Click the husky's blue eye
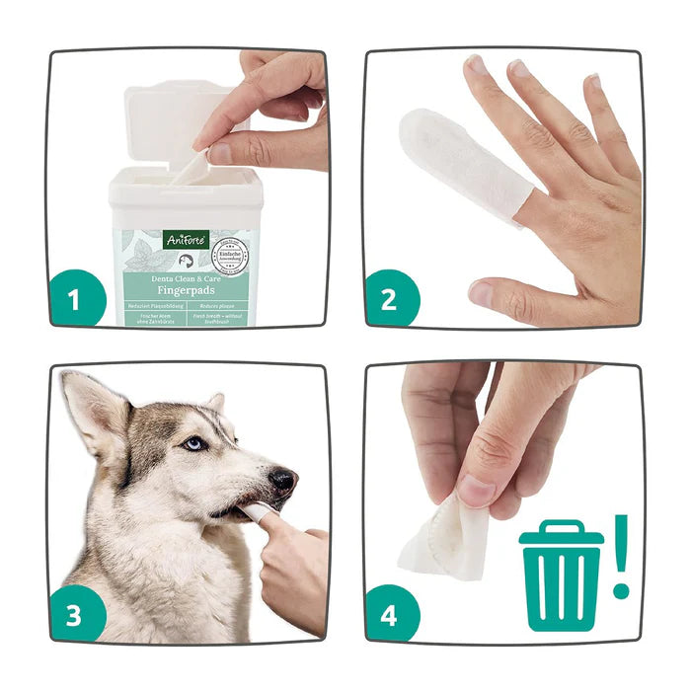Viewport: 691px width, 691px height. click(194, 445)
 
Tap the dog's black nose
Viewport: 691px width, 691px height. click(283, 482)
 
